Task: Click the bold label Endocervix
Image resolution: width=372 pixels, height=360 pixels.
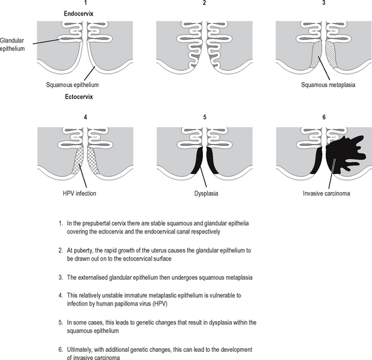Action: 78,14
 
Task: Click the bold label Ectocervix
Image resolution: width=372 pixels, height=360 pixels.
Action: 79,97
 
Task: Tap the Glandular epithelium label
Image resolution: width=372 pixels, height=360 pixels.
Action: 12,44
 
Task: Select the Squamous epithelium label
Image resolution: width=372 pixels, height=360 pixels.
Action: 73,85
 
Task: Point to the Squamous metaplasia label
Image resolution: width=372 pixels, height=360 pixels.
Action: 328,85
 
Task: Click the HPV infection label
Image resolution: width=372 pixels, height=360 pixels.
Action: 80,193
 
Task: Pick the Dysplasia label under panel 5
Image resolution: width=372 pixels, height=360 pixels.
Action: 206,193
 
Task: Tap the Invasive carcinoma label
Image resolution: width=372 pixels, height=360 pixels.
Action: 326,193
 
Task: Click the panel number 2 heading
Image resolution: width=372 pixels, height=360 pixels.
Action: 205,3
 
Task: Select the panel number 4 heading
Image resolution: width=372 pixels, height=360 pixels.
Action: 85,117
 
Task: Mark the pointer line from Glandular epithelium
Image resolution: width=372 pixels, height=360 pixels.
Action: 46,41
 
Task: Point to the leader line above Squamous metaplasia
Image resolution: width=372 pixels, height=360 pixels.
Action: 324,68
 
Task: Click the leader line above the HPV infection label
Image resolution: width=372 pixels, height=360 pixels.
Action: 83,177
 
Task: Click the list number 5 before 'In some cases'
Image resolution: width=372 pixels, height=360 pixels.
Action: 61,322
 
